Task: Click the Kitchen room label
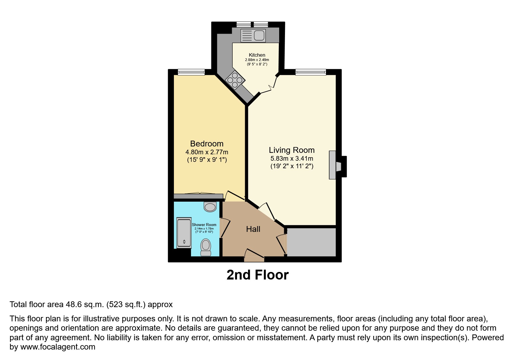pos(257,55)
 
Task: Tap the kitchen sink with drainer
pos(253,35)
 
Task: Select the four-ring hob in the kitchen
pos(235,79)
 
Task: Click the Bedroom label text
pos(207,144)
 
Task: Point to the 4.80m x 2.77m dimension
pos(207,152)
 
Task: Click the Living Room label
pos(292,150)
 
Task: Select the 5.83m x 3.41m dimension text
pos(292,159)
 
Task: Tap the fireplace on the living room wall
pos(337,166)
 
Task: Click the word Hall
pos(253,229)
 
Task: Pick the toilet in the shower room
pos(206,247)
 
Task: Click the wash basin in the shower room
pos(210,207)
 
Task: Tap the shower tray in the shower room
pos(184,233)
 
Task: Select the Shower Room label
pos(204,225)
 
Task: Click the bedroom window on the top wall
pos(191,72)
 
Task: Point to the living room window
pos(311,72)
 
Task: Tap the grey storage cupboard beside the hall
pos(311,242)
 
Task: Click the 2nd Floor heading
pos(257,275)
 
